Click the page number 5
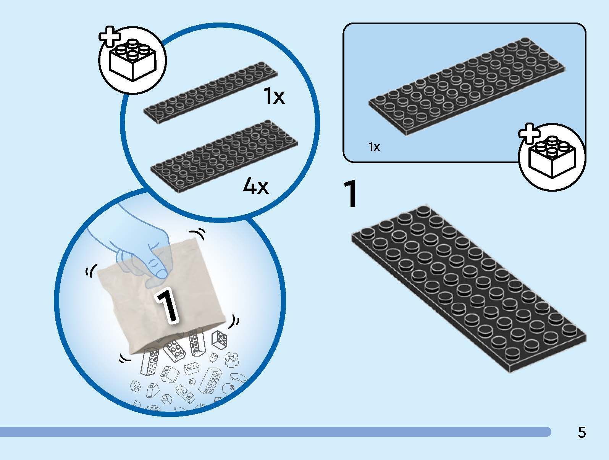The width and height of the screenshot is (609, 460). click(582, 432)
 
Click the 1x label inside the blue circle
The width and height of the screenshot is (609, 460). click(274, 96)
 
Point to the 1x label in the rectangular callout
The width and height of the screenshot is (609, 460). click(374, 147)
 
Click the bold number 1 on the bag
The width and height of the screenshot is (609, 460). click(166, 307)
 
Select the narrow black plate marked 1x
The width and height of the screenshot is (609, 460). click(210, 92)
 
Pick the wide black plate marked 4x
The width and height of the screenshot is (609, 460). click(224, 156)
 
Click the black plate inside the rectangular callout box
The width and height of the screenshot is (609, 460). click(467, 86)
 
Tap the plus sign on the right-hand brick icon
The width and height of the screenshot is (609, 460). click(529, 133)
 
